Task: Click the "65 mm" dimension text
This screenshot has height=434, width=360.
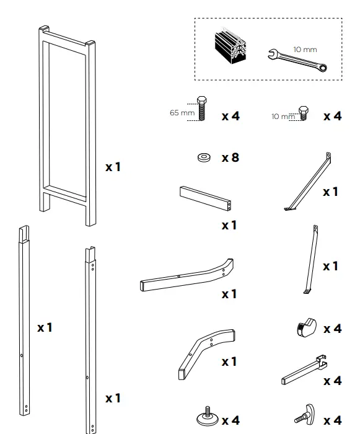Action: [182, 113]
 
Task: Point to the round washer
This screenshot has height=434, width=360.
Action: [203, 158]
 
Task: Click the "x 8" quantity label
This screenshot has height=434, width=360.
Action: [230, 157]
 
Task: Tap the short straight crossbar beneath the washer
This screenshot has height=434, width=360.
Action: [206, 199]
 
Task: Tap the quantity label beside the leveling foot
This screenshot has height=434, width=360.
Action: [230, 421]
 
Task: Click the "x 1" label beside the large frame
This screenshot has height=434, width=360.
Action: [113, 167]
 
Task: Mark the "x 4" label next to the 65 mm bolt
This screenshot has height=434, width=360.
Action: [230, 116]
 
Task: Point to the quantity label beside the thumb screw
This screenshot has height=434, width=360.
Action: [332, 421]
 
